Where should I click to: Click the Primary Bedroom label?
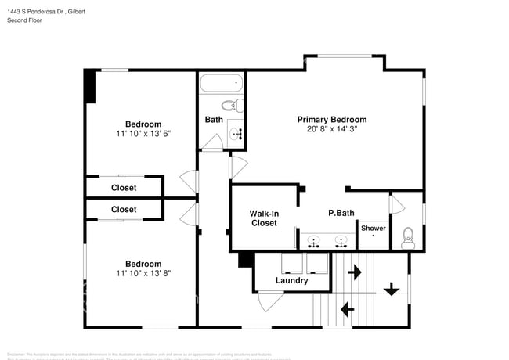[x=331, y=120]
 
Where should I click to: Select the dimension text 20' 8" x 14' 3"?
[x=331, y=130]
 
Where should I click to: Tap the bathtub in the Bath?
[x=222, y=84]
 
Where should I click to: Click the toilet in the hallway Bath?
[x=232, y=105]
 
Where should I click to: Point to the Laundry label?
[x=291, y=280]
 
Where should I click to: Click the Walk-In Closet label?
[x=263, y=218]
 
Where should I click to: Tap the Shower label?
[x=373, y=228]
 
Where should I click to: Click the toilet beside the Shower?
[x=407, y=239]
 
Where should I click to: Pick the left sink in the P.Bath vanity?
[x=314, y=240]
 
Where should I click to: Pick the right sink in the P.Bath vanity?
[x=341, y=240]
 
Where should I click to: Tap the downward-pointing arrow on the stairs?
[x=392, y=287]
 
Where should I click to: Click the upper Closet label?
[x=124, y=188]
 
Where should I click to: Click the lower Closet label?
[x=124, y=210]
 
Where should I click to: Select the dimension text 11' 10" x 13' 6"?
[x=143, y=134]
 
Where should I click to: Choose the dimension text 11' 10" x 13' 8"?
[x=143, y=274]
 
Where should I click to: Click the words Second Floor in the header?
[x=24, y=20]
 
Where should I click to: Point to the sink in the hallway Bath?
[x=237, y=134]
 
